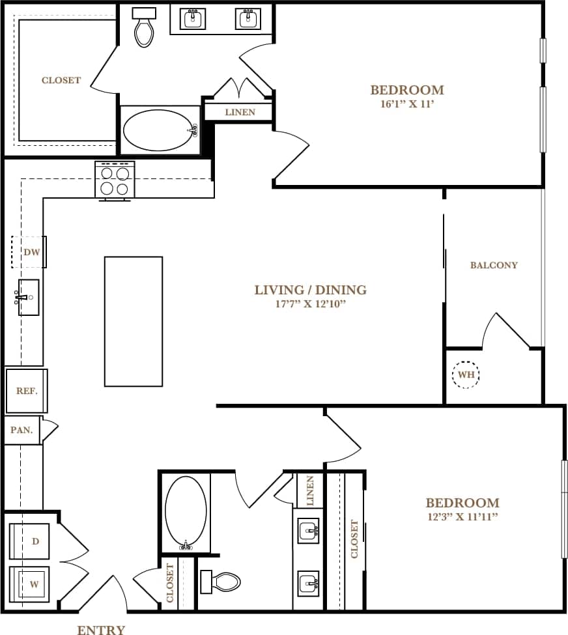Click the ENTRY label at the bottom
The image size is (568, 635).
101,629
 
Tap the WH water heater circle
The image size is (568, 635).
466,375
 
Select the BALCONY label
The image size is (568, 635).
494,265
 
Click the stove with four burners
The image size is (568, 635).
115,180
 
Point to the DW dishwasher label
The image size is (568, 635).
31,252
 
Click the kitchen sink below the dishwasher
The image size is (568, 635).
28,298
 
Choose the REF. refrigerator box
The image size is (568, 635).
27,391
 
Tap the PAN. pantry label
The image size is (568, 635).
21,430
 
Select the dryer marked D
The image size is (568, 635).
31,541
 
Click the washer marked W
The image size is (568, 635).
31,584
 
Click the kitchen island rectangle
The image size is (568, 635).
133,321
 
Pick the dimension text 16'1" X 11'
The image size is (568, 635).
406,103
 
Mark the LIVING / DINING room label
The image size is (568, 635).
310,290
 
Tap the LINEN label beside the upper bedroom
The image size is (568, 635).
239,112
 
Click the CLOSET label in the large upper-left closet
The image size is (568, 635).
61,80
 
